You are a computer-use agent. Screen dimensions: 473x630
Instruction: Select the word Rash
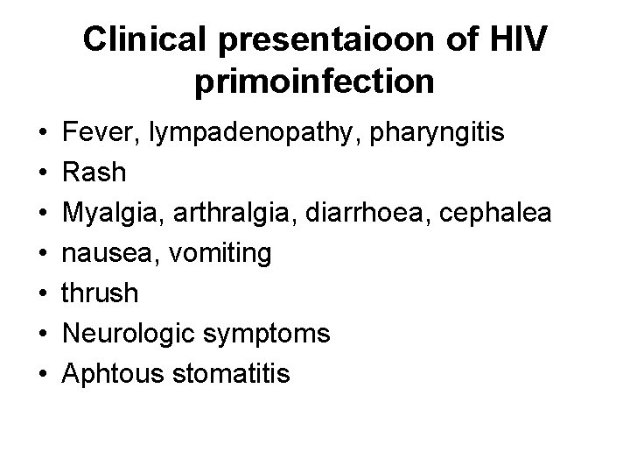click(x=93, y=173)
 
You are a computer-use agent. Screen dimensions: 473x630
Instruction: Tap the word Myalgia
click(x=108, y=213)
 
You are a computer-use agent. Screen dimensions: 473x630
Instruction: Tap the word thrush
click(x=100, y=293)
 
